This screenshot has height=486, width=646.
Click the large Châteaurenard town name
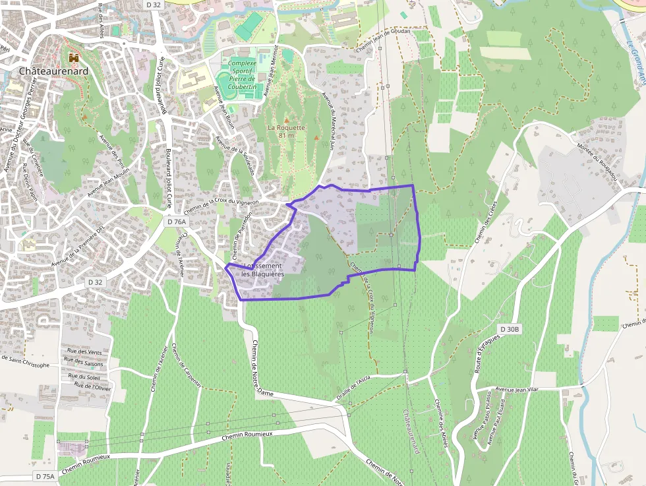tap(53, 71)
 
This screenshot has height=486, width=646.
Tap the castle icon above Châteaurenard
tap(73, 57)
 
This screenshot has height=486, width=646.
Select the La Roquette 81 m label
tap(286, 131)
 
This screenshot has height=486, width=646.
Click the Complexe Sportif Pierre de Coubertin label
tap(242, 75)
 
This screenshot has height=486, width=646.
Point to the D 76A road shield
tap(177, 222)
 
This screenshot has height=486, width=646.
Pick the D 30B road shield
tap(510, 329)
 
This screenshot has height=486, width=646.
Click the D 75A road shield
tap(45, 476)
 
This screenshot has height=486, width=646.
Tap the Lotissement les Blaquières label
tap(262, 270)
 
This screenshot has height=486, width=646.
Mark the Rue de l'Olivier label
tap(92, 386)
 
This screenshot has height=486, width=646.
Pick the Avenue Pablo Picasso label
tap(486, 419)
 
